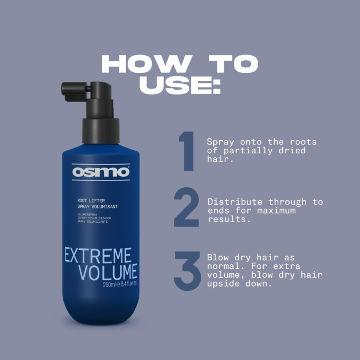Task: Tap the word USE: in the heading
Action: [179, 85]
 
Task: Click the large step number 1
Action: [186, 151]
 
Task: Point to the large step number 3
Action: [187, 271]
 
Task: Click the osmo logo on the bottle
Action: [101, 171]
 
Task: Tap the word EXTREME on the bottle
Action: [98, 256]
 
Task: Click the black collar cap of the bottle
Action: [100, 131]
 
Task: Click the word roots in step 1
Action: [302, 141]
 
